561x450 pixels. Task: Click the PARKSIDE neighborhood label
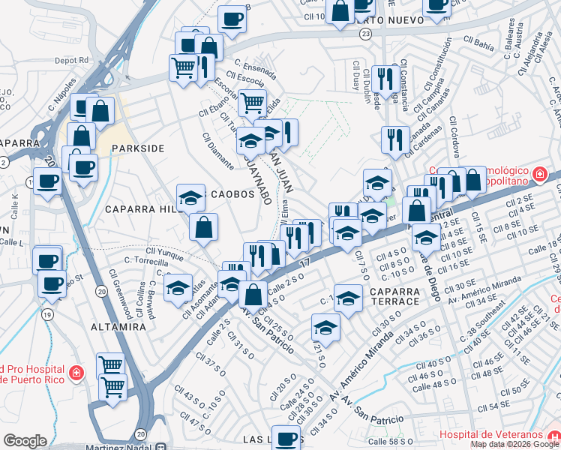[137, 148]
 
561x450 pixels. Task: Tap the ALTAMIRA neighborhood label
[118, 327]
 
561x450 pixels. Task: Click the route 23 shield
[365, 34]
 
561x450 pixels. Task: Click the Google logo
[25, 441]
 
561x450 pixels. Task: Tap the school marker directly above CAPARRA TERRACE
[348, 299]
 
